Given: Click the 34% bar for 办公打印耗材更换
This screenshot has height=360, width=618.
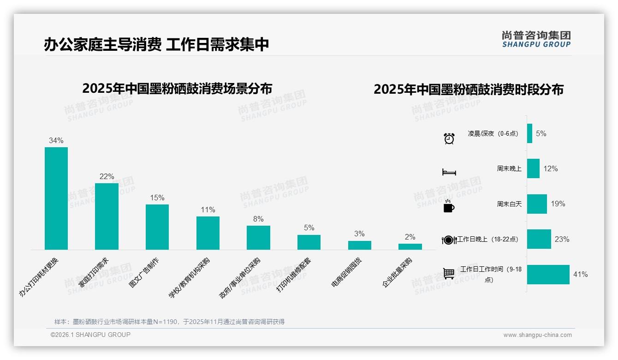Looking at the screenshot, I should point(56,198).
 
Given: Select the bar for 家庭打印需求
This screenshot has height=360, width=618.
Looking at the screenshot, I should point(107,216).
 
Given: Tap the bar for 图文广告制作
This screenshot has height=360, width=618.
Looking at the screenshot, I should point(157,227).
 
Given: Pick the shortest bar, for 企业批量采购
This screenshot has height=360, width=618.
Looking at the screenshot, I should point(410,247).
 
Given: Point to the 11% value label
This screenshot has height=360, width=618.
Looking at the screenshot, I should point(208,210).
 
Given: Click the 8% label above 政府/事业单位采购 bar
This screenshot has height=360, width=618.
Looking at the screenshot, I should point(258,219).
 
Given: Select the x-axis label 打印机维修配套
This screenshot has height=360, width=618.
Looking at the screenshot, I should point(294,274).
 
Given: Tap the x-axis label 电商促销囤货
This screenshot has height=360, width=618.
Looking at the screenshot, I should point(347,272).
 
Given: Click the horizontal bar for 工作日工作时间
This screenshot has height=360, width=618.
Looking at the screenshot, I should point(548,275).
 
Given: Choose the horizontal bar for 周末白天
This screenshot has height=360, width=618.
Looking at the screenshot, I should point(537,204).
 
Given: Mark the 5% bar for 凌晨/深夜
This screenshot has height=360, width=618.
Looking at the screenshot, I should point(529,133).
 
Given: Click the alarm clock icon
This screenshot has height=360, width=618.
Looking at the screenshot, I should point(449,138).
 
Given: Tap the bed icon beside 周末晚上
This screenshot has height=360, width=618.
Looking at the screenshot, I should point(449,172).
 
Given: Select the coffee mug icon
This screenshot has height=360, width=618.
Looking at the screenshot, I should point(449,207).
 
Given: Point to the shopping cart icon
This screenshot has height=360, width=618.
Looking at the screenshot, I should point(449,274).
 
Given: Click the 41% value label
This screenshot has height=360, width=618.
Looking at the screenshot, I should point(580,275).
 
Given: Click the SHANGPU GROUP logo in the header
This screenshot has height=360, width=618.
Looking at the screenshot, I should point(536,39).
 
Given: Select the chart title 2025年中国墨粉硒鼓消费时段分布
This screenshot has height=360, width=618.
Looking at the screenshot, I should point(469,90).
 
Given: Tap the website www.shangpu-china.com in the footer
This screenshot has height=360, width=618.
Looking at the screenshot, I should point(537,335).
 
